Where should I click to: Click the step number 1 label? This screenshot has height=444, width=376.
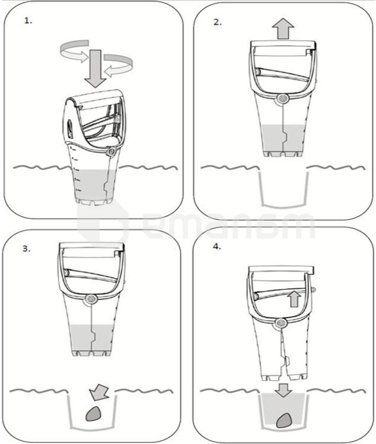pyautogui.click(x=28, y=21)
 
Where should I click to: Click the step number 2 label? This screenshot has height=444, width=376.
pyautogui.click(x=217, y=22)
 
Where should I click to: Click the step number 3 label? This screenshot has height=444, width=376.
pyautogui.click(x=26, y=249)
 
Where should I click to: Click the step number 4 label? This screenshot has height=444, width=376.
pyautogui.click(x=217, y=247)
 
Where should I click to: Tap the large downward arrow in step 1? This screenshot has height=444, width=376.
pyautogui.click(x=96, y=68)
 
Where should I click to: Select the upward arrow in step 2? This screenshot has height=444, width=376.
pyautogui.click(x=283, y=28)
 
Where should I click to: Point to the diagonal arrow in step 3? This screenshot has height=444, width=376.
pyautogui.click(x=98, y=392)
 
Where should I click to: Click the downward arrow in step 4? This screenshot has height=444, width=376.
pyautogui.click(x=283, y=390)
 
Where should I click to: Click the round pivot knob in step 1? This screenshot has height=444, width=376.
pyautogui.click(x=111, y=152)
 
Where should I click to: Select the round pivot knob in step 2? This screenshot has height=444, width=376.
pyautogui.click(x=282, y=98)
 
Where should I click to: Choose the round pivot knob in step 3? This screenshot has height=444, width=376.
pyautogui.click(x=91, y=299)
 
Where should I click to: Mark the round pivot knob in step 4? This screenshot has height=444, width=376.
pyautogui.click(x=281, y=323)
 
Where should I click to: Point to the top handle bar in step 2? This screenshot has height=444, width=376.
pyautogui.click(x=283, y=45)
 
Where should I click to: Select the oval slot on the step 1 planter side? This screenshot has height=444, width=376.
pyautogui.click(x=70, y=130)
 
